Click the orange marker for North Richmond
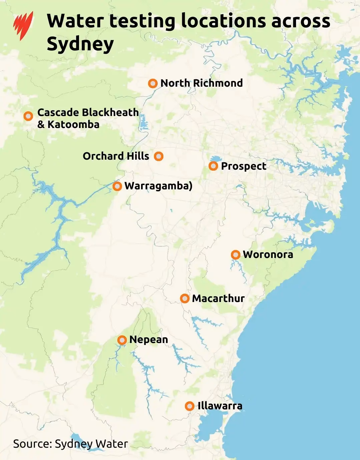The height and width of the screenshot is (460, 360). pyautogui.click(x=153, y=83)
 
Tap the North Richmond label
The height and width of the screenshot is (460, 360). pyautogui.click(x=201, y=83)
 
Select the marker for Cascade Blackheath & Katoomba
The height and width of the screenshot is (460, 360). pyautogui.click(x=28, y=116)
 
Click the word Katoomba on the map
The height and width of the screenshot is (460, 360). pyautogui.click(x=73, y=125)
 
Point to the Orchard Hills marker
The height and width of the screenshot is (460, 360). pyautogui.click(x=159, y=156)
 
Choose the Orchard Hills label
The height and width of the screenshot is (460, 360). pyautogui.click(x=116, y=156)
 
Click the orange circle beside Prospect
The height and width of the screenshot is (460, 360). pyautogui.click(x=213, y=166)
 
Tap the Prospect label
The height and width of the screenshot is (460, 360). pyautogui.click(x=244, y=166)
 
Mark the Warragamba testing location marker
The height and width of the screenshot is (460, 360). pyautogui.click(x=117, y=186)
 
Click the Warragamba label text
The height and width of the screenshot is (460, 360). pyautogui.click(x=158, y=186)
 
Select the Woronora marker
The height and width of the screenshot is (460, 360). pyautogui.click(x=236, y=255)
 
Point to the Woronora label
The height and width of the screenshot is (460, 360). pyautogui.click(x=268, y=255)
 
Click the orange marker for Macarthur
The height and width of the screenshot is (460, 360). pyautogui.click(x=185, y=298)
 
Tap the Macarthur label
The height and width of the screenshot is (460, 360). pyautogui.click(x=218, y=298)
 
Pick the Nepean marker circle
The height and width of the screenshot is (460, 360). pyautogui.click(x=122, y=340)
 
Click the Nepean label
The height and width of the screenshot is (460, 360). pyautogui.click(x=149, y=340)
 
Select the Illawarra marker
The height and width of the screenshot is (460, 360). pyautogui.click(x=190, y=406)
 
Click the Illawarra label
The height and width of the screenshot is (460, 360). pyautogui.click(x=220, y=406)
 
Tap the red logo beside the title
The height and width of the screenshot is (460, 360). pyautogui.click(x=23, y=25)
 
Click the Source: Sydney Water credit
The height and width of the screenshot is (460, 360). pyautogui.click(x=70, y=444)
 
